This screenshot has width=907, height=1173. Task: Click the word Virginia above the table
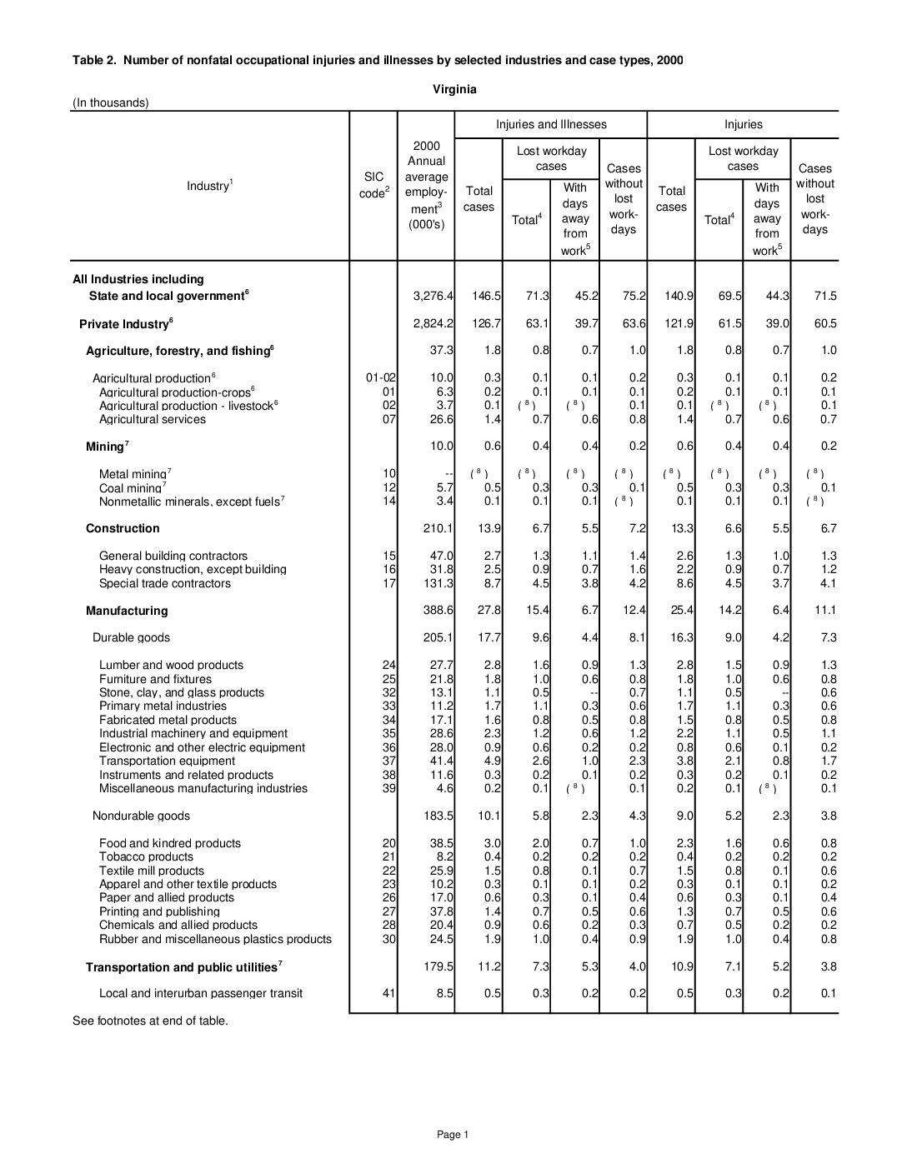click(454, 89)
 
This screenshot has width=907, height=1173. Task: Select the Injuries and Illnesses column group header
click(551, 124)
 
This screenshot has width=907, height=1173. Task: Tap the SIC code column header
click(373, 185)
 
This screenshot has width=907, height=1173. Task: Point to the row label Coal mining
click(131, 488)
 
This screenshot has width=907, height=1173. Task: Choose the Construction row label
click(123, 528)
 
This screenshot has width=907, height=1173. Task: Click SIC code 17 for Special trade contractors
click(389, 583)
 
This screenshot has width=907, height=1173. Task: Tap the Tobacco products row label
click(146, 856)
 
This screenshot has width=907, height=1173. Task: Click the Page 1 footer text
click(453, 1134)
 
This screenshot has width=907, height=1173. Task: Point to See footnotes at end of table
click(150, 1021)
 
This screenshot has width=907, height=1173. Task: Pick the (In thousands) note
click(111, 103)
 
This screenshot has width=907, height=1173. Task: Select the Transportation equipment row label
click(167, 761)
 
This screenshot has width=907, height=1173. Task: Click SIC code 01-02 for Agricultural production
click(381, 377)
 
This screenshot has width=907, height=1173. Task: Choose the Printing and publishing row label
click(159, 911)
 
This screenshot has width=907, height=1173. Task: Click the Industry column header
click(208, 185)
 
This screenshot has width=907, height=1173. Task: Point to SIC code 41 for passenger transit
click(389, 993)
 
